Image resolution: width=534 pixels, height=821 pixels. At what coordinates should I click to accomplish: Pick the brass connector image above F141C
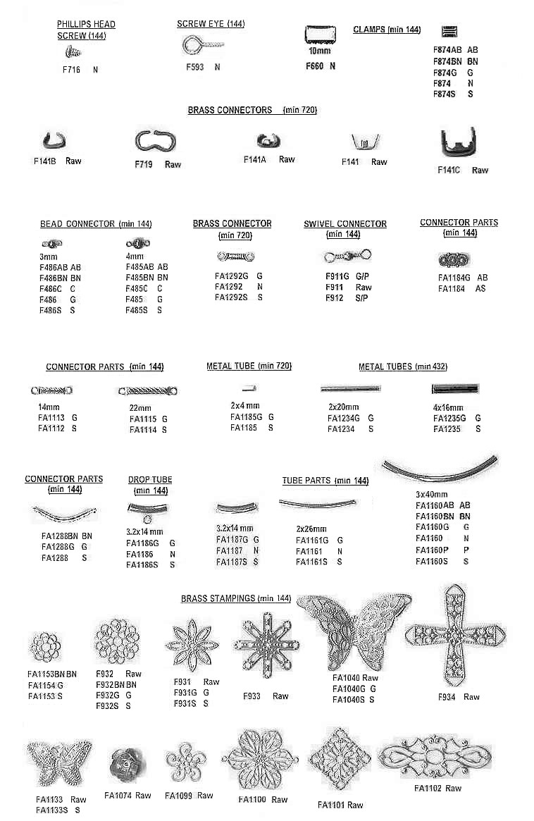click(458, 146)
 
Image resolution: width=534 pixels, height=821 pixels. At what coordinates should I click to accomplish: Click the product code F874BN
click(447, 61)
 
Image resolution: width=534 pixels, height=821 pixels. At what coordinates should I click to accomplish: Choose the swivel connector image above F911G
click(347, 256)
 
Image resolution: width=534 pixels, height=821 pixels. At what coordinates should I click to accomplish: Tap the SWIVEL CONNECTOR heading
click(345, 224)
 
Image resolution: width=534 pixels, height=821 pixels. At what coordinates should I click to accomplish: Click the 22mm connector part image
click(148, 390)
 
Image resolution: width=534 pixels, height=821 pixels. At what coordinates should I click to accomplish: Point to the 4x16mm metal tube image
click(454, 388)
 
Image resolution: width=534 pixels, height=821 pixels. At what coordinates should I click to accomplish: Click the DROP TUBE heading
click(150, 480)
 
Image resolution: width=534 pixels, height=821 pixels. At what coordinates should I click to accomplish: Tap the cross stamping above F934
click(456, 634)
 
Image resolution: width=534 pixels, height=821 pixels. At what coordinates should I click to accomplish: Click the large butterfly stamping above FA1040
click(353, 631)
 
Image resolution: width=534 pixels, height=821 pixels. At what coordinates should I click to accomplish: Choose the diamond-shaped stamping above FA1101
click(339, 761)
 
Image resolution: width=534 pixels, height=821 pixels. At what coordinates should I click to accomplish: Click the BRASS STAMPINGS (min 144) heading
click(236, 598)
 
